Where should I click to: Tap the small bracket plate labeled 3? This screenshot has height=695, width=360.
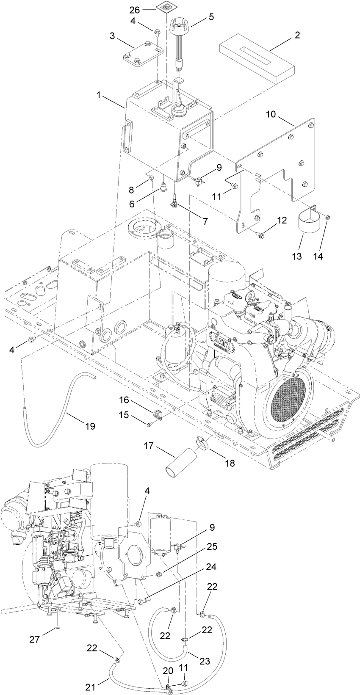pyautogui.click(x=142, y=54)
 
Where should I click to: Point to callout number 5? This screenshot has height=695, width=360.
pyautogui.click(x=211, y=17)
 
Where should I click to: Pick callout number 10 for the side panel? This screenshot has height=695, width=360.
pyautogui.click(x=271, y=114)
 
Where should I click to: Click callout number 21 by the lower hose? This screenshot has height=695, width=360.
pyautogui.click(x=90, y=687)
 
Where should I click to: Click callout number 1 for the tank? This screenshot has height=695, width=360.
pyautogui.click(x=99, y=96)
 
